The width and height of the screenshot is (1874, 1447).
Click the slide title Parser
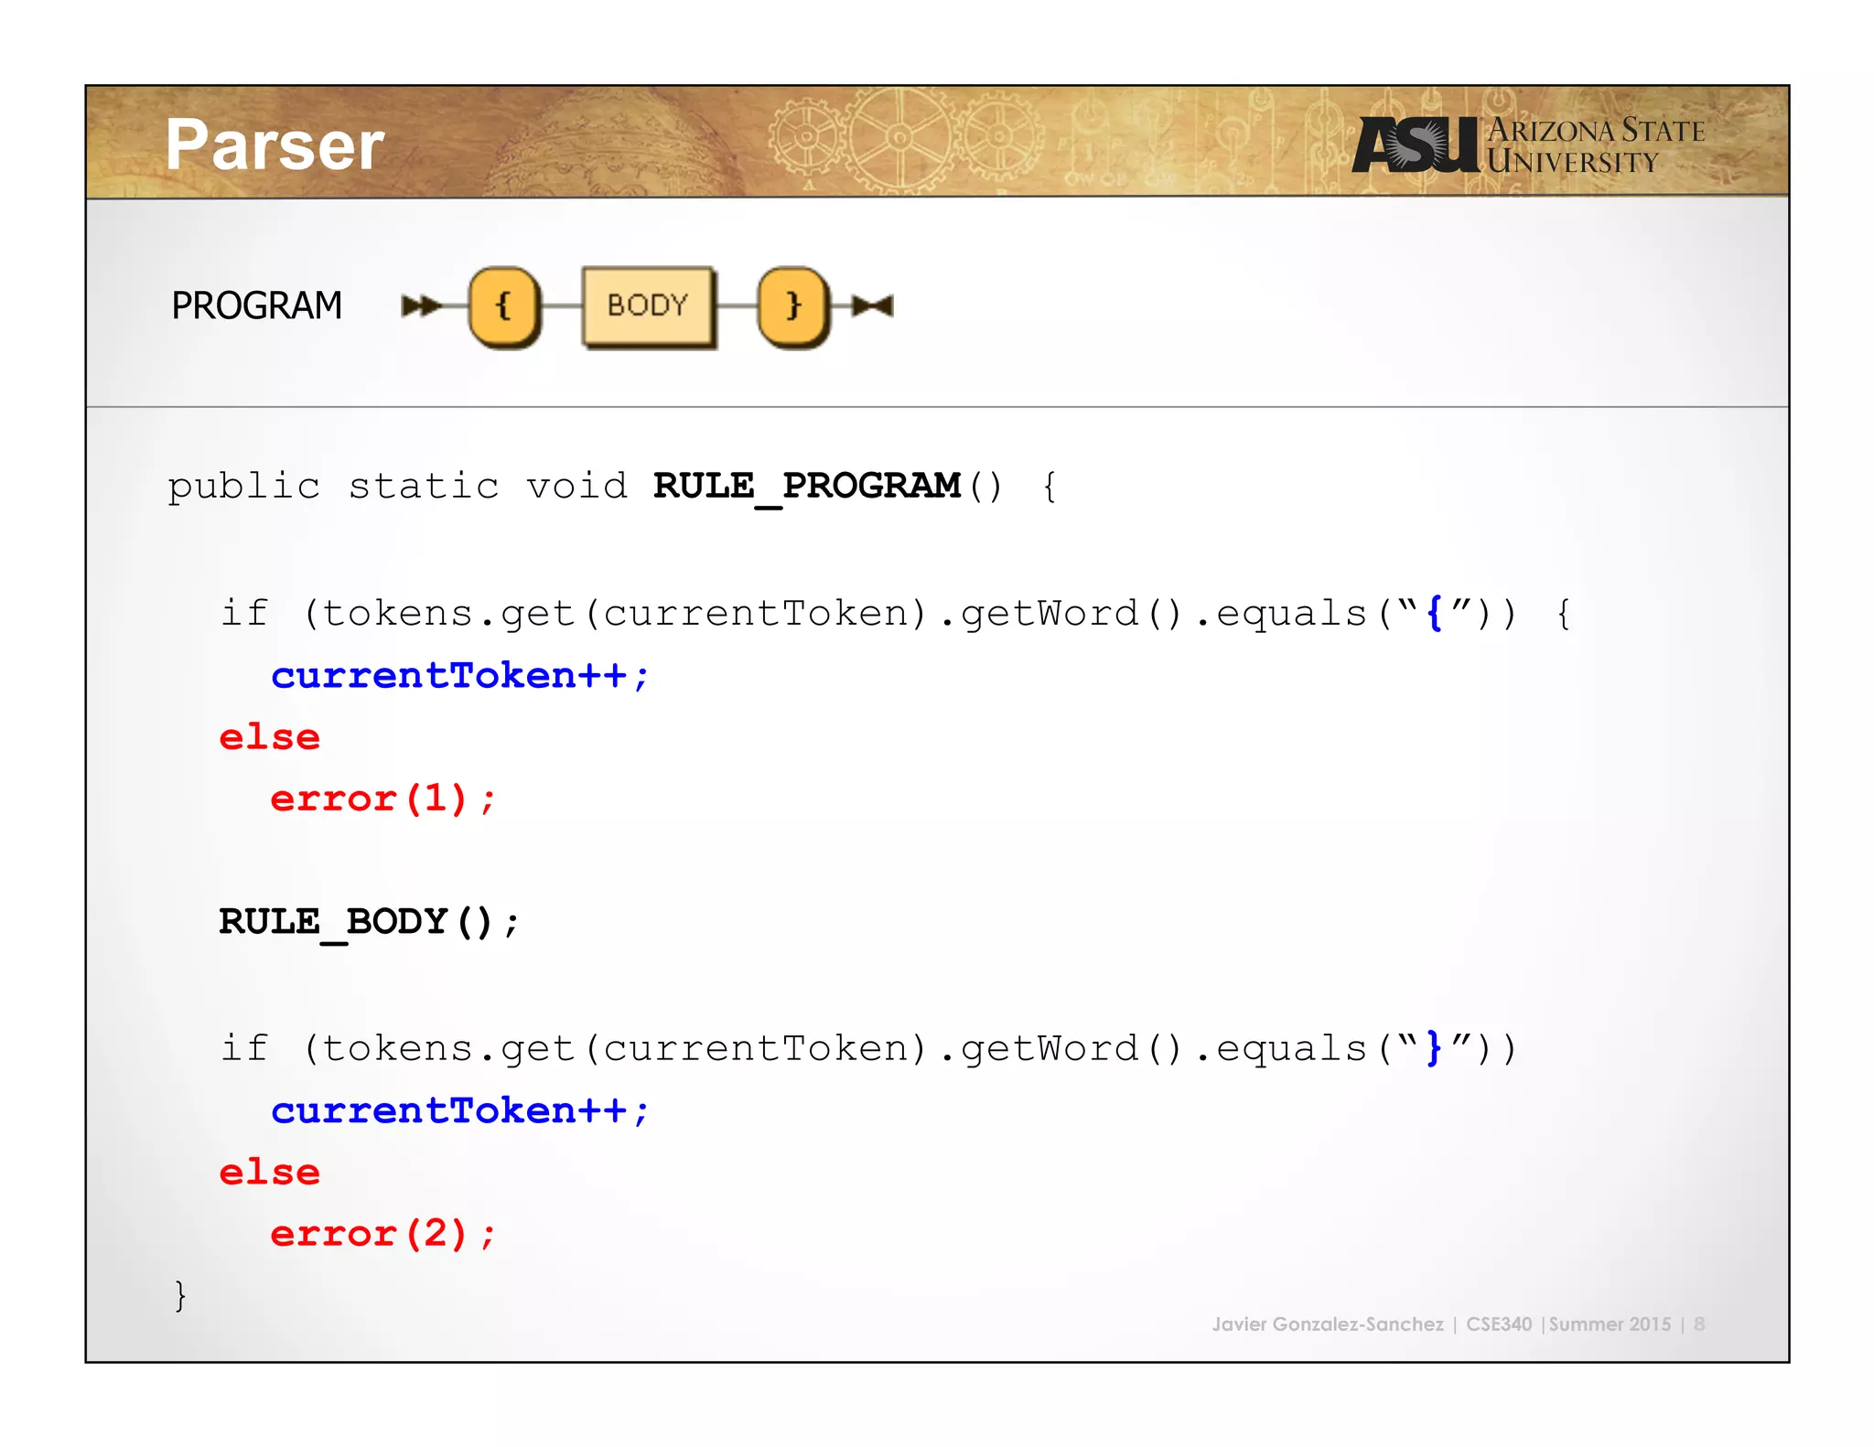coord(275,145)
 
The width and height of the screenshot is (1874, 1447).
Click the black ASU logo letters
coord(1415,145)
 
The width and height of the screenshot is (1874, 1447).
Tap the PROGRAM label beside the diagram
coord(256,305)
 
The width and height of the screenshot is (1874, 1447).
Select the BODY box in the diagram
coord(648,305)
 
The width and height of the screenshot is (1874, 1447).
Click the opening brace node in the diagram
coord(503,305)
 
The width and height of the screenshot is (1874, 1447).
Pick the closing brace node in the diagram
coord(793,305)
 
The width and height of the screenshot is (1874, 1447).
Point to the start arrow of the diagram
coord(420,305)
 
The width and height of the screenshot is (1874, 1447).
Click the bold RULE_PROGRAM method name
coord(806,486)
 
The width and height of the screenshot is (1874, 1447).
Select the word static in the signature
coord(424,486)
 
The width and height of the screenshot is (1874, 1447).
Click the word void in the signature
coord(576,486)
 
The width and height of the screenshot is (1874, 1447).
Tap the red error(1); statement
coord(382,799)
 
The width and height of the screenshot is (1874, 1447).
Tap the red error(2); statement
coord(382,1235)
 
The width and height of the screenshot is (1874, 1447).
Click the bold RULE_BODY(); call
coord(369,922)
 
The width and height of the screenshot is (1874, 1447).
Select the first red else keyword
coord(270,738)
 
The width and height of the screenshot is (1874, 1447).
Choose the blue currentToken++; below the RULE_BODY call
coord(460,1111)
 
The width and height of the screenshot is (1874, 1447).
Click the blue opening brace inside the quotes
coord(1435,614)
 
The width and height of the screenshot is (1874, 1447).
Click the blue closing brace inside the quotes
coord(1435,1048)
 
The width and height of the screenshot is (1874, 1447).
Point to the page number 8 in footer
coord(1699,1324)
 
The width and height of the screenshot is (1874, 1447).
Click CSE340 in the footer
coord(1498,1324)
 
